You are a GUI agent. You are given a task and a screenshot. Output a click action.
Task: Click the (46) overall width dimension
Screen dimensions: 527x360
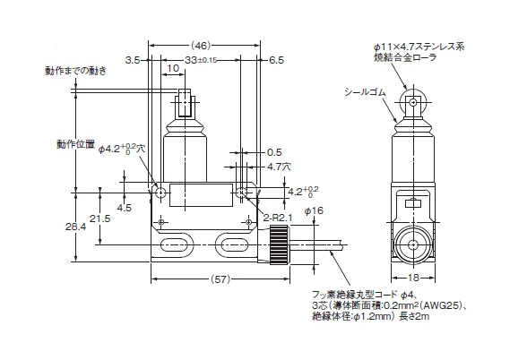tap(201, 46)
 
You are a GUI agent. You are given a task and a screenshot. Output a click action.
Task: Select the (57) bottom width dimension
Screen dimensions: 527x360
tap(220, 279)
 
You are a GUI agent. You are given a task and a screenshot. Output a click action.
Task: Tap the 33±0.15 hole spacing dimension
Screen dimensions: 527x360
tap(201, 60)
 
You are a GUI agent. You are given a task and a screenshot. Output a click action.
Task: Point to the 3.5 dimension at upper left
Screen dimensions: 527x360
tap(133, 60)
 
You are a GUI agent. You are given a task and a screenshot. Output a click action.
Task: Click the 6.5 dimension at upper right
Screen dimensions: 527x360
tap(276, 60)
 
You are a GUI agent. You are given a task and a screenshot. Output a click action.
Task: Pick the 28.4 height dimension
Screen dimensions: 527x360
tap(75, 227)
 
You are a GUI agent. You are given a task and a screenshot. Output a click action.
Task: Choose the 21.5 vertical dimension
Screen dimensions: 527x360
tap(99, 219)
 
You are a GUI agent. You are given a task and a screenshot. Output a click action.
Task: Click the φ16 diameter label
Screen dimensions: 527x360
tap(314, 210)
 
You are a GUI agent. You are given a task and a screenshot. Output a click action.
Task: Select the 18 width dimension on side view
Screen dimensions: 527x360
tap(413, 278)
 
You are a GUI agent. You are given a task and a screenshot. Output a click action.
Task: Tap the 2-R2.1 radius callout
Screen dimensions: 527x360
tap(278, 218)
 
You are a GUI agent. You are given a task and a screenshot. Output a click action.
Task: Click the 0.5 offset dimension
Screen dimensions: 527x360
tap(274, 152)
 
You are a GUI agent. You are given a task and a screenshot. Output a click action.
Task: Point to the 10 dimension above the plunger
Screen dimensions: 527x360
tap(173, 68)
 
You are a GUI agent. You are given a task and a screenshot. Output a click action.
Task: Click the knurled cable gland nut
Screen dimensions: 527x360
tap(279, 244)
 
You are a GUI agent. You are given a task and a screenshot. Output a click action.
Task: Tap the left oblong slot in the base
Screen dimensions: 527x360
tap(175, 244)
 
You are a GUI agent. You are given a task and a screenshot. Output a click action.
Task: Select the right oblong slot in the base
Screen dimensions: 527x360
tap(234, 244)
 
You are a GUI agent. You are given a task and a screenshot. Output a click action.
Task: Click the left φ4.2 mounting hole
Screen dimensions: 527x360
tap(161, 193)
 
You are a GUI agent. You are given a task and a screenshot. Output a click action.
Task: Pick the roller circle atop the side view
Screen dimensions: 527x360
tap(413, 100)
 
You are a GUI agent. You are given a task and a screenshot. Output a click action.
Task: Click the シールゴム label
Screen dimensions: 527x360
tap(365, 91)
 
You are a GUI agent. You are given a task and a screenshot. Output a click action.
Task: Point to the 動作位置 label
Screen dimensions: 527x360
tap(75, 144)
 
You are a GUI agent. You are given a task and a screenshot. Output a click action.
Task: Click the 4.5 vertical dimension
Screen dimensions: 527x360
tap(124, 208)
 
